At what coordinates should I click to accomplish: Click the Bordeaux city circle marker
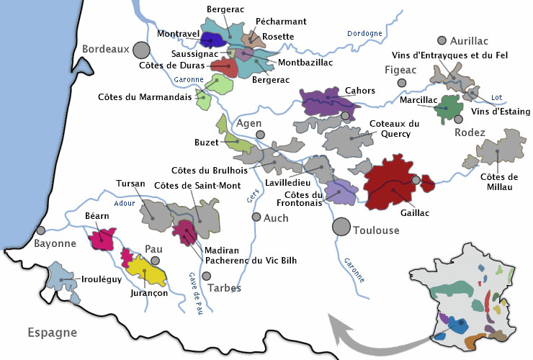(x=142, y=50)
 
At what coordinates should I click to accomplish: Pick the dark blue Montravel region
(x=212, y=40)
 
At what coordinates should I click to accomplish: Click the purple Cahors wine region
(x=328, y=102)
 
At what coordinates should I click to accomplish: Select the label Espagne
(x=53, y=333)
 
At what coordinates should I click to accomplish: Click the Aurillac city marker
(x=442, y=41)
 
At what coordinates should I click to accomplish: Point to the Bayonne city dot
(x=41, y=231)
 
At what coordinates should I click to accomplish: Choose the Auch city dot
(x=256, y=217)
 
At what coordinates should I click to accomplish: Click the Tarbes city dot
(x=207, y=276)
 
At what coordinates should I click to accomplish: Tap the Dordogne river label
(x=364, y=33)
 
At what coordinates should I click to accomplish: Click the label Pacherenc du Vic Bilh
(x=251, y=261)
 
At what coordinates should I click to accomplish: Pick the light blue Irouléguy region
(x=61, y=278)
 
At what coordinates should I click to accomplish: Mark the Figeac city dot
(x=402, y=84)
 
